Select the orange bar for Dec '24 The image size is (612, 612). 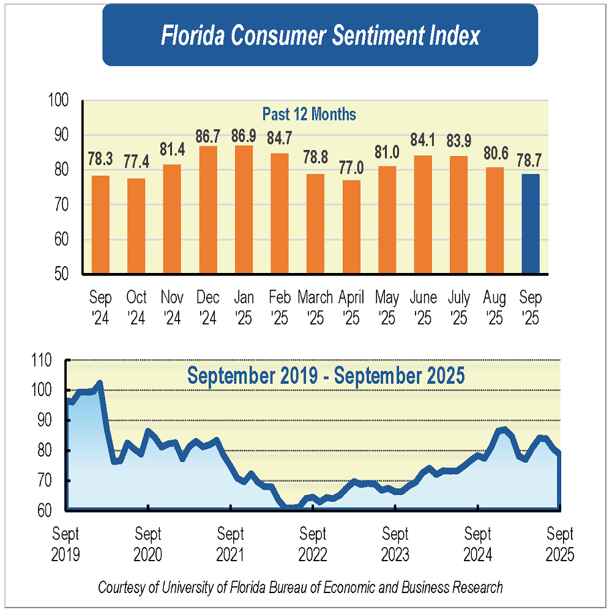pyautogui.click(x=208, y=209)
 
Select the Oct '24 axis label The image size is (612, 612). pyautogui.click(x=136, y=308)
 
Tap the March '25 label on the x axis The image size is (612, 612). pyautogui.click(x=315, y=308)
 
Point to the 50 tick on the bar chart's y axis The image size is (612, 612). pyautogui.click(x=61, y=274)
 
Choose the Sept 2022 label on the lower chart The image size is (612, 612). pyautogui.click(x=313, y=544)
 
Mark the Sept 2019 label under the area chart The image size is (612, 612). pyautogui.click(x=65, y=544)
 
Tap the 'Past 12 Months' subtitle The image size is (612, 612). pyautogui.click(x=309, y=114)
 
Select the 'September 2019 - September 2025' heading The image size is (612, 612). pyautogui.click(x=326, y=375)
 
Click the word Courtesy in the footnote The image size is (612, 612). pyautogui.click(x=122, y=588)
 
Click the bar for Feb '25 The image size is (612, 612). pyautogui.click(x=280, y=213)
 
